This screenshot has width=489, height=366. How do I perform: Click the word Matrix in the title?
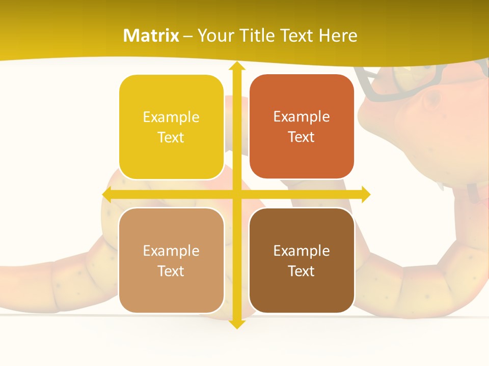point(151,36)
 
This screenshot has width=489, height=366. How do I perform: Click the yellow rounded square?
point(171,127)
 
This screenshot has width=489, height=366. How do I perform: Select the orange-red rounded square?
point(302,127)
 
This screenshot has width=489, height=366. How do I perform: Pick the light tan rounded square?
point(171,260)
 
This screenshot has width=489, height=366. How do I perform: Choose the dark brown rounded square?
point(302,260)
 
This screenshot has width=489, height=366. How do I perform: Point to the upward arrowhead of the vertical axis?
point(236,66)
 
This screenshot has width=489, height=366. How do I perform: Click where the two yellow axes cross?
point(236,194)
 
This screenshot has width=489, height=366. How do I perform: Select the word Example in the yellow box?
point(171,117)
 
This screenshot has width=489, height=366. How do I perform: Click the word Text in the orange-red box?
point(302,137)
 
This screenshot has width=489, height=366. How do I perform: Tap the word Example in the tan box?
point(171,251)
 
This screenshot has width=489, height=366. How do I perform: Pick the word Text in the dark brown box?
point(302,271)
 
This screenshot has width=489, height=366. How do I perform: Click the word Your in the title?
point(214,36)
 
